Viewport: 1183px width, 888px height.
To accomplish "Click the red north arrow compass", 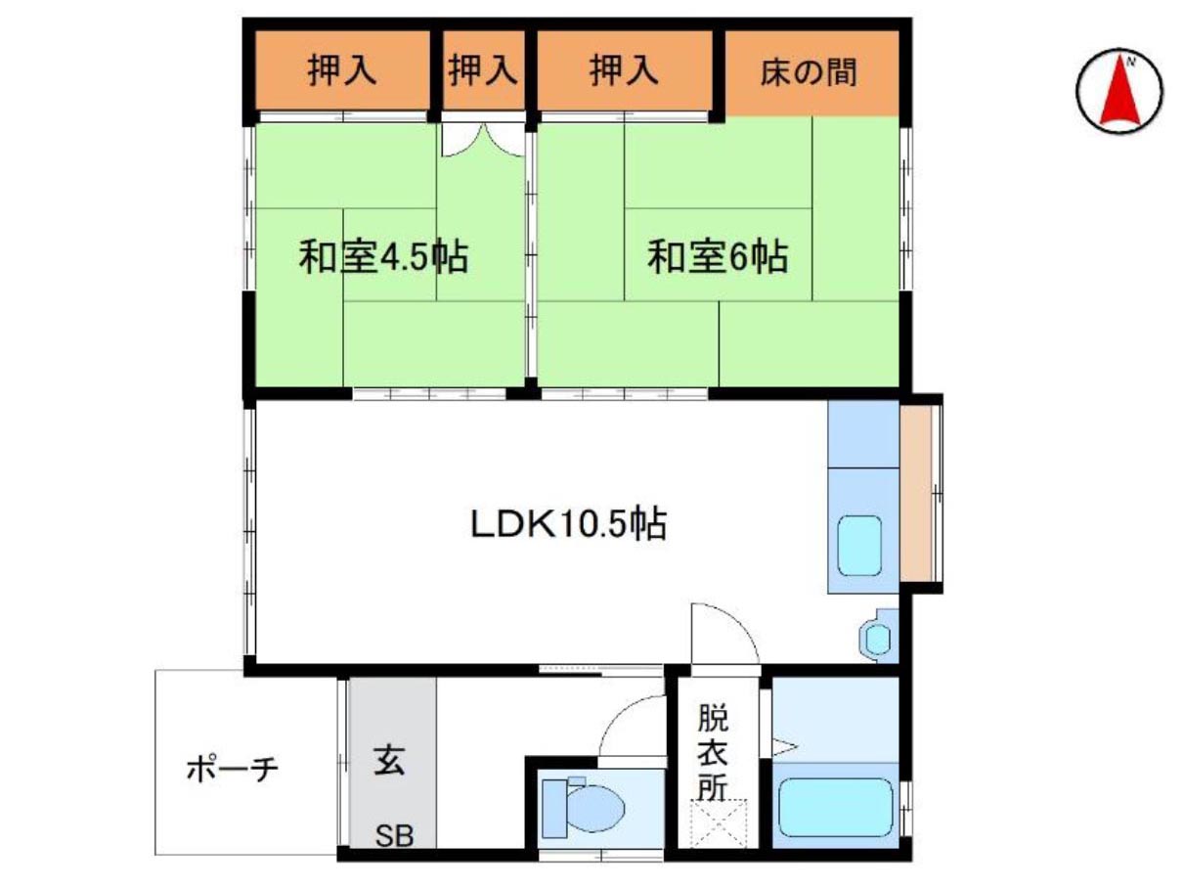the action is (x=1118, y=91).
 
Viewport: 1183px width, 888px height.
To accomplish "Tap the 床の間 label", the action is (x=808, y=71).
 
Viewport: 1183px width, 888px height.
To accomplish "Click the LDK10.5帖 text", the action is (x=569, y=523).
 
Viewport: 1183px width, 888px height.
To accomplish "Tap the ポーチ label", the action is (x=233, y=769).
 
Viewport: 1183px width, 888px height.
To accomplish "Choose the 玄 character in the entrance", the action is (x=388, y=760).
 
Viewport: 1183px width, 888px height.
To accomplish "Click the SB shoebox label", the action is (x=395, y=836).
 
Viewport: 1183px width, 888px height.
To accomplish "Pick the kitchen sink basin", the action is (x=859, y=545).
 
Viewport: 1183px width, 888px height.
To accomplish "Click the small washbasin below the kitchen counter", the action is (x=878, y=639).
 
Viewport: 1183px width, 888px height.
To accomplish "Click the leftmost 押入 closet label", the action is (x=341, y=70).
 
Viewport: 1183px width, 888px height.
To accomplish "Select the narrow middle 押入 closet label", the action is (x=483, y=70).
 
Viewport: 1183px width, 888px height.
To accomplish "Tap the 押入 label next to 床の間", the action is (x=624, y=70).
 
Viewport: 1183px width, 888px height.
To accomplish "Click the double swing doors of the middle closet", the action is (x=483, y=140).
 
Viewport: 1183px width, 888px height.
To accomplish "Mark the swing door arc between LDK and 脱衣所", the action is (x=725, y=634).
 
